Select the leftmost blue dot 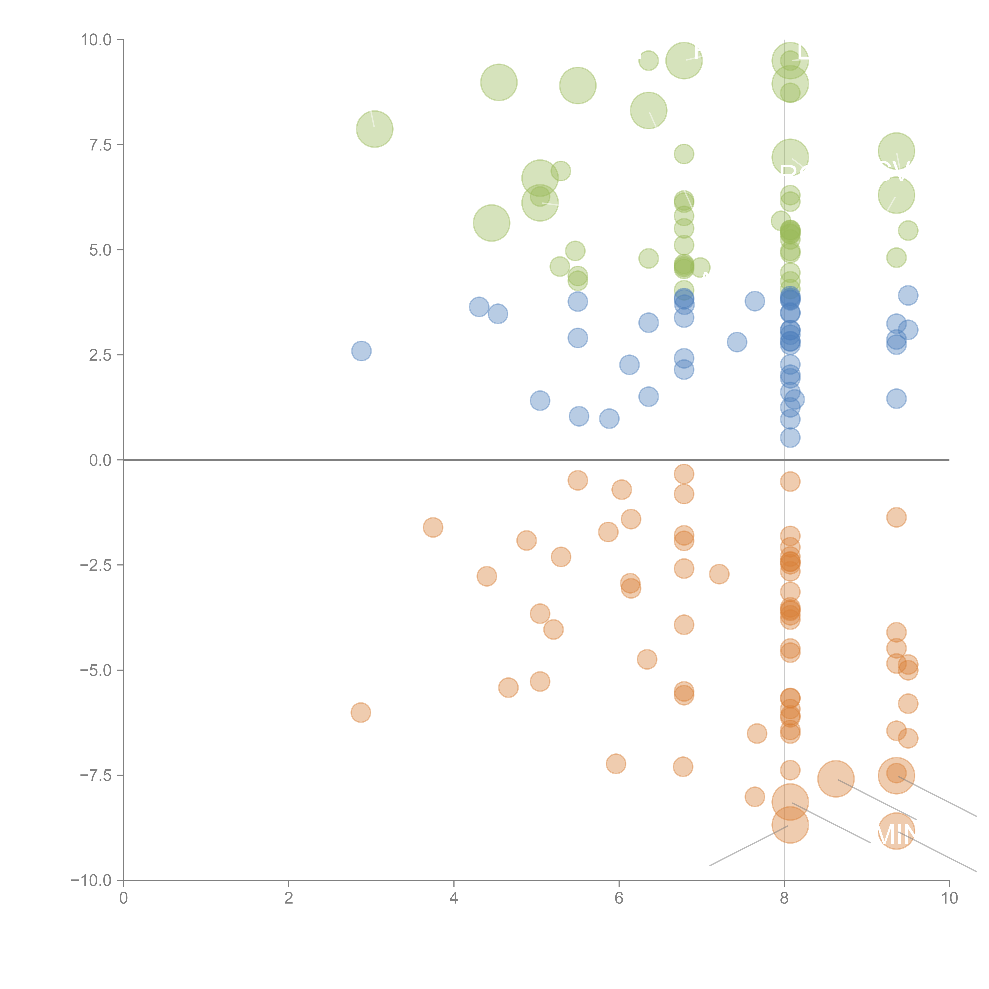(x=361, y=351)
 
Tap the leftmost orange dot (x=361, y=712)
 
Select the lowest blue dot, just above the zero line (x=790, y=438)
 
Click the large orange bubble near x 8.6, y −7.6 (x=836, y=779)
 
